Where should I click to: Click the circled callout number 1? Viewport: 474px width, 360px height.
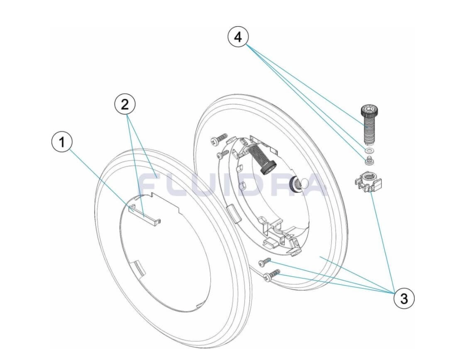point(62,142)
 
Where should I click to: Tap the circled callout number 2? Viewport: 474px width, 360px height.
point(125,105)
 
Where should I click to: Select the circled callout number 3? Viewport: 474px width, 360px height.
point(404,299)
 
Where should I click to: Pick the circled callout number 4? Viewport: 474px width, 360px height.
point(238,37)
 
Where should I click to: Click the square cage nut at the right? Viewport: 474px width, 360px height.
point(368,182)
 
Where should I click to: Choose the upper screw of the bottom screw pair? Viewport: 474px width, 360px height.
point(265,262)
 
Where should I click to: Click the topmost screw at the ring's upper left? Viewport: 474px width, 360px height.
point(220,138)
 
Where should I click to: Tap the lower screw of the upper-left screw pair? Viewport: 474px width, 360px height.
point(223,154)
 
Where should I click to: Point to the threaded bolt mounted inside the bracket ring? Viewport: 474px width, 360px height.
point(263,158)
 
